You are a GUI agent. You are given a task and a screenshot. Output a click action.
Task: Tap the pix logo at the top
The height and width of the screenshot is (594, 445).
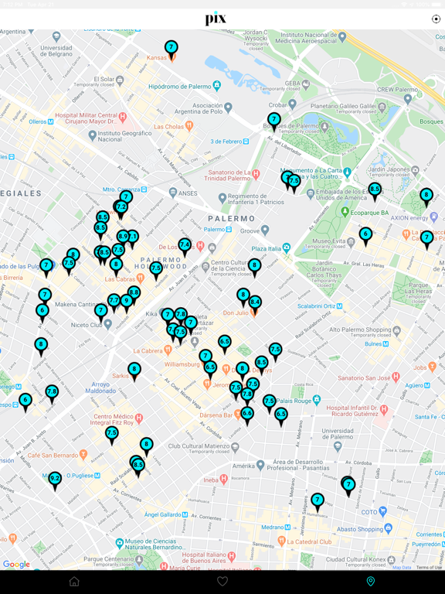click(216, 19)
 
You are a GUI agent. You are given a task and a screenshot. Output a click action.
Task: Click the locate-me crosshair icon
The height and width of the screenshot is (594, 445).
click(436, 19)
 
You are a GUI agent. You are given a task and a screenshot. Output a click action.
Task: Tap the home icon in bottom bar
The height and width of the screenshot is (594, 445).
click(74, 582)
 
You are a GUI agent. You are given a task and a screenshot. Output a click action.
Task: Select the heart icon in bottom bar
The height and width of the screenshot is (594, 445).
click(222, 582)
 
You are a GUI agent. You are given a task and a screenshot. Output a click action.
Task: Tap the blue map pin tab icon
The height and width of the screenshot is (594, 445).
click(371, 582)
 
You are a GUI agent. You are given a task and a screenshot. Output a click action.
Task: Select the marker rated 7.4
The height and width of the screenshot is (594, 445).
click(185, 245)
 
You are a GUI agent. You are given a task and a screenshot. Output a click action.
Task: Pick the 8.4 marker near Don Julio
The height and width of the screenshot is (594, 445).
click(255, 302)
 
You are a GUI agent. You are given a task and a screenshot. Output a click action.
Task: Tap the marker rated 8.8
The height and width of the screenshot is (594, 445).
click(134, 293)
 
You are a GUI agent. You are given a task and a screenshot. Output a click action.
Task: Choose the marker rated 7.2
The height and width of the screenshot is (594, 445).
click(121, 207)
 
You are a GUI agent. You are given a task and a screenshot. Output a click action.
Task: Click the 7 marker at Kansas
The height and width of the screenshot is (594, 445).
click(172, 49)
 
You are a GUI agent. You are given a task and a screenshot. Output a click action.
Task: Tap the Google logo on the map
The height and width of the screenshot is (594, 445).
click(16, 565)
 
